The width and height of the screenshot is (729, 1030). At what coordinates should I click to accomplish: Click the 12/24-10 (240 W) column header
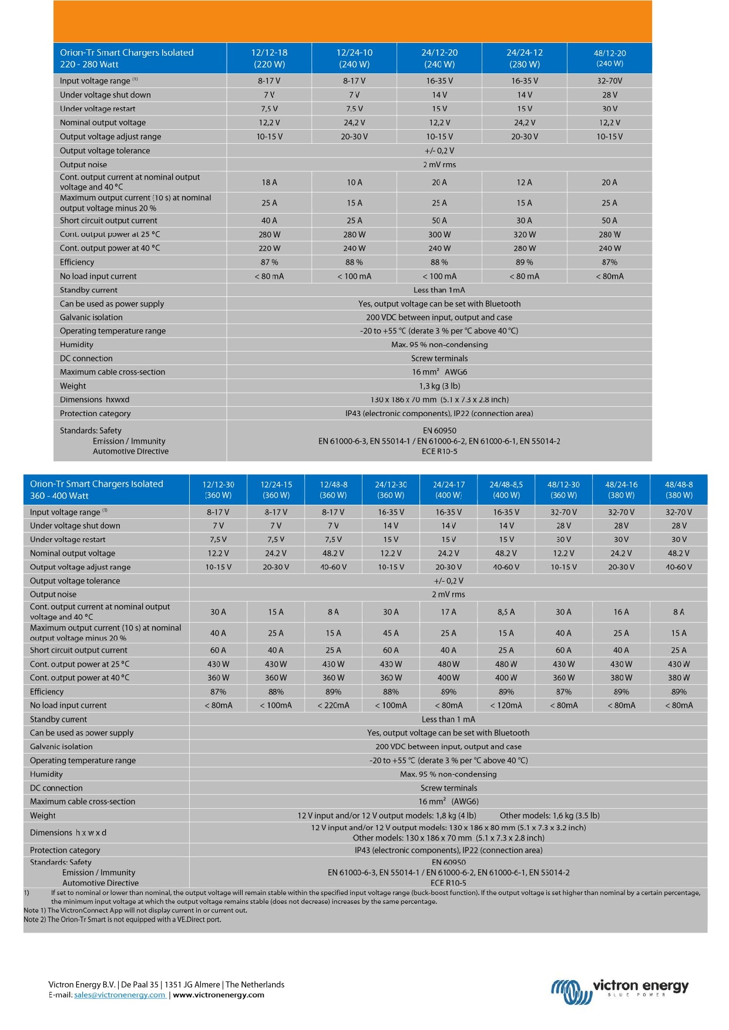click(x=354, y=58)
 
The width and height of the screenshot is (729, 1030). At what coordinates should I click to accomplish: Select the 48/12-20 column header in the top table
click(x=610, y=58)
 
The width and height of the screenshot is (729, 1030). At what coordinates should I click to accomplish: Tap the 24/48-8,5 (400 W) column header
click(x=506, y=489)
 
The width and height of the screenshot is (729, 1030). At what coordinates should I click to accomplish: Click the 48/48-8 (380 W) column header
click(x=678, y=489)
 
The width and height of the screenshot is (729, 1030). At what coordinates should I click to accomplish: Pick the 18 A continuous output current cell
click(x=269, y=183)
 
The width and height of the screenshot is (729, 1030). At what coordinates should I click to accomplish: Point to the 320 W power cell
click(x=525, y=234)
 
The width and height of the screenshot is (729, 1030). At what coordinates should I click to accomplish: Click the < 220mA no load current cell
click(x=333, y=705)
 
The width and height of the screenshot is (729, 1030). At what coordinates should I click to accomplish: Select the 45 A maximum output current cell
click(x=391, y=633)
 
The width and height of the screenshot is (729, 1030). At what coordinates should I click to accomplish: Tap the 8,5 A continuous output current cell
click(x=506, y=612)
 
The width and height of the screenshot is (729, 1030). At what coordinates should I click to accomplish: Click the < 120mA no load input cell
click(x=506, y=705)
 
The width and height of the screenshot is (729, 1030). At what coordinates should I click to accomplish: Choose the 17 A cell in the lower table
click(x=448, y=612)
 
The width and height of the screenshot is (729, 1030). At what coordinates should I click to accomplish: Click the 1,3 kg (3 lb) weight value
click(x=439, y=386)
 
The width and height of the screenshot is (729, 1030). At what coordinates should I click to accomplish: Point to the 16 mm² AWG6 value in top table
click(x=439, y=372)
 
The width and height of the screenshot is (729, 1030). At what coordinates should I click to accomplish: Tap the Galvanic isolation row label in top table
click(x=91, y=318)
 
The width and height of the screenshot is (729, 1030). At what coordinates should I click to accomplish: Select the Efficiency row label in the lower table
click(x=47, y=692)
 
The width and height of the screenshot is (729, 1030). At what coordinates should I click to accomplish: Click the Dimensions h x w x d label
click(x=68, y=833)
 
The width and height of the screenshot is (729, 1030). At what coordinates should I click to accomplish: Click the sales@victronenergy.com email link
click(x=120, y=995)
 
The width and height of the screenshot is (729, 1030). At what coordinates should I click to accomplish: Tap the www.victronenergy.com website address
click(x=219, y=995)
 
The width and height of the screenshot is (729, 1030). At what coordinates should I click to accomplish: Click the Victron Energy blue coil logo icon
click(x=569, y=991)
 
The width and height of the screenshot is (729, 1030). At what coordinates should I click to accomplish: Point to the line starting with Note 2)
click(x=122, y=920)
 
